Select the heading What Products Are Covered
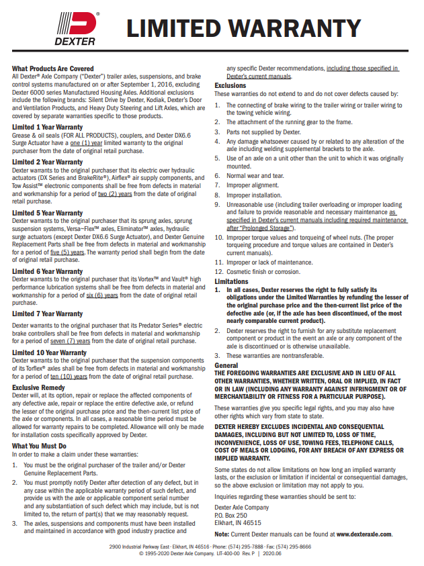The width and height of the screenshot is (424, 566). click(53, 68)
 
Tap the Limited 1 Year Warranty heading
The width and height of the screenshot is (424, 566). click(48, 127)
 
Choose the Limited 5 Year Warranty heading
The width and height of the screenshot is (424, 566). click(48, 213)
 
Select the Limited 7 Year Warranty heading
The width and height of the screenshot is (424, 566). click(48, 314)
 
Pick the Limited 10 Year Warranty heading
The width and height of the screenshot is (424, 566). click(49, 352)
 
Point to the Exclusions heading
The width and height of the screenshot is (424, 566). click(230, 85)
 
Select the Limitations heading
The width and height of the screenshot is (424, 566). click(232, 281)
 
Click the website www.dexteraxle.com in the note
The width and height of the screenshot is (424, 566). click(364, 534)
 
